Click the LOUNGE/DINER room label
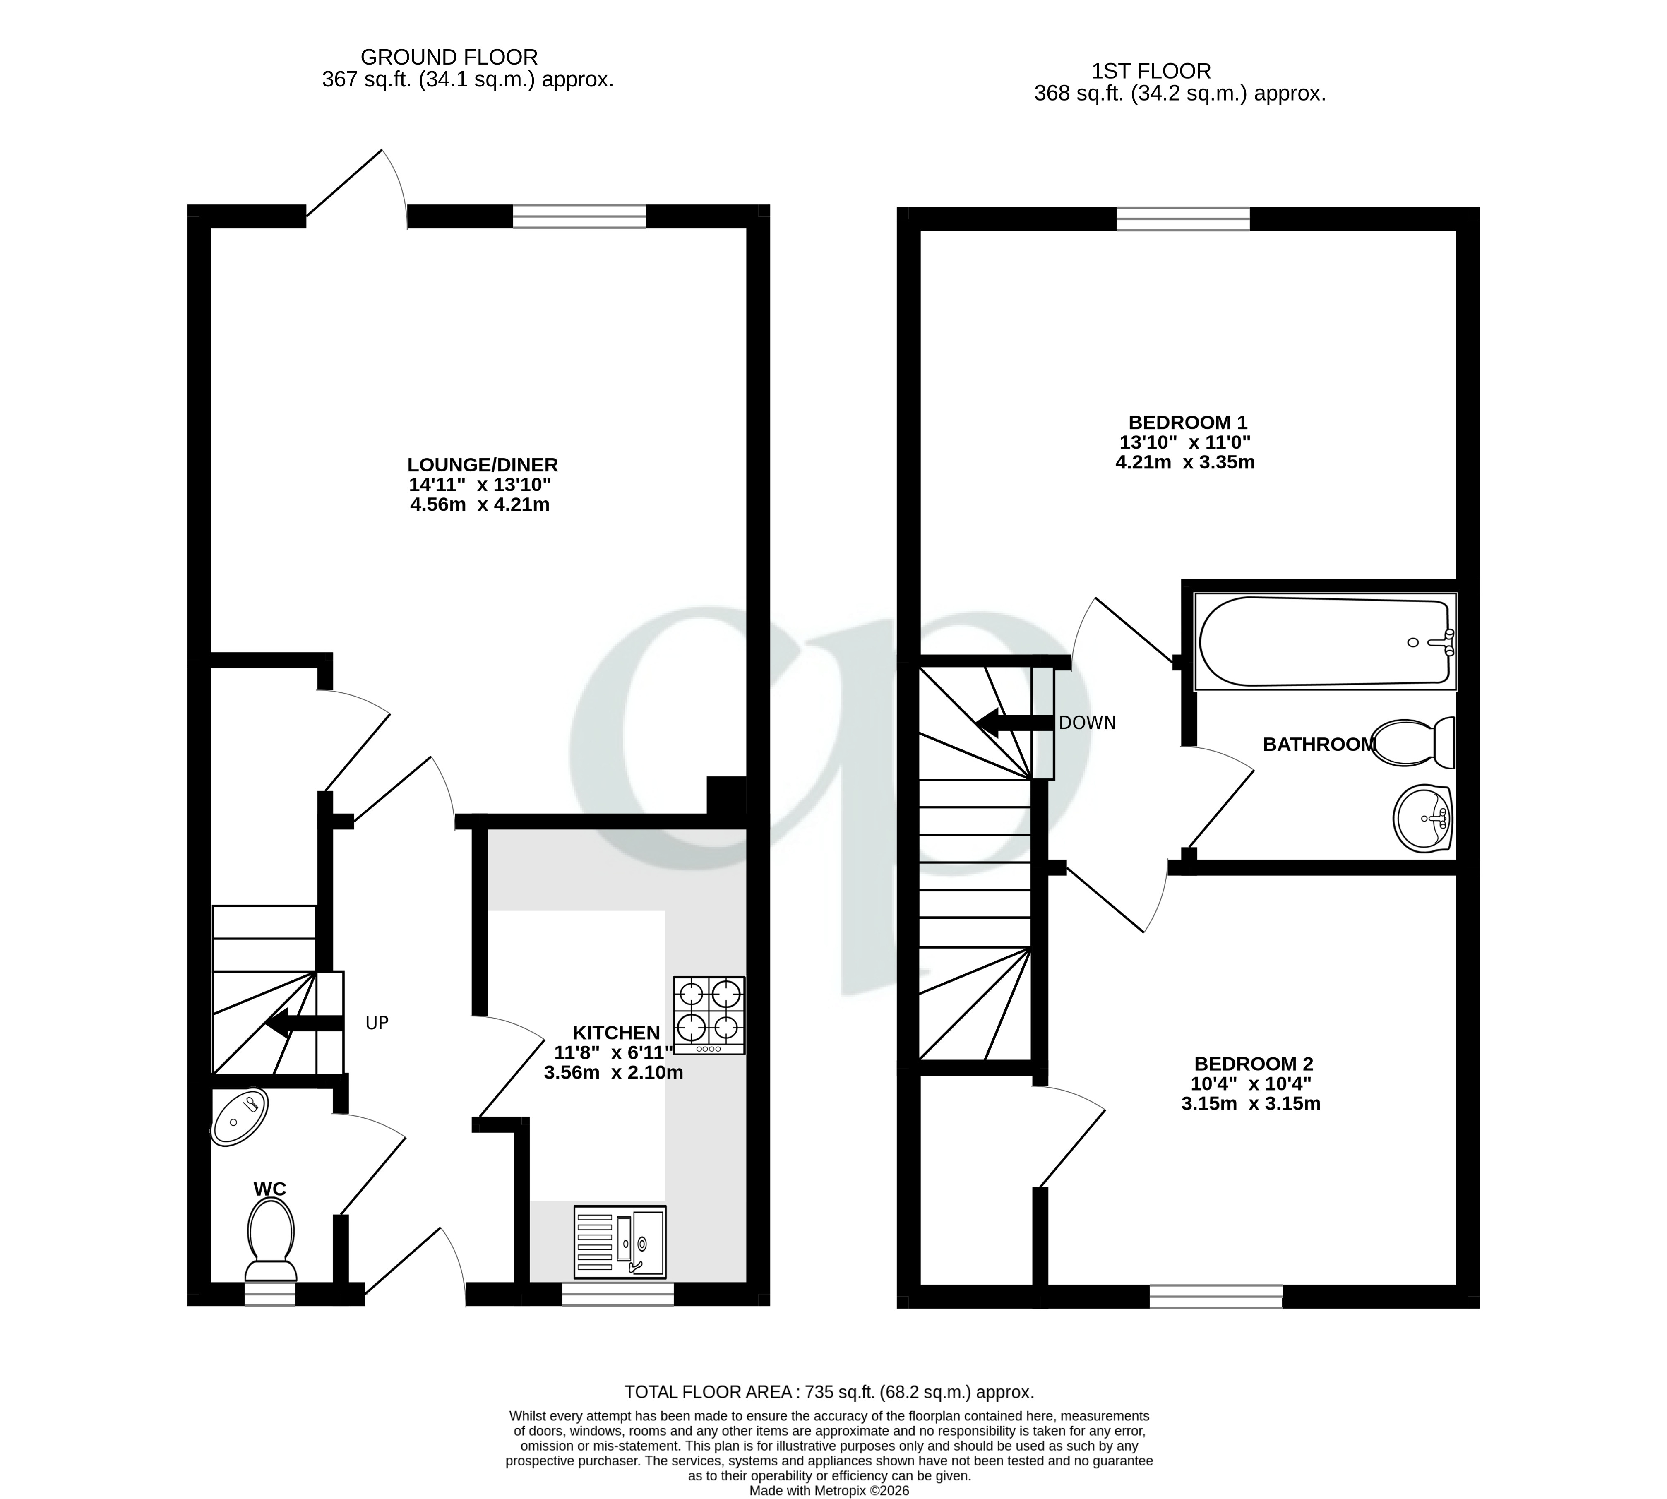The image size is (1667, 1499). [483, 464]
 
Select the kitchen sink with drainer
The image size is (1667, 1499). [620, 1241]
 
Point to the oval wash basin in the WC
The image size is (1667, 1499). [240, 1117]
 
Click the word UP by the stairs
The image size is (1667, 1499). [376, 1023]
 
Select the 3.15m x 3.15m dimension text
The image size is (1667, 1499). [1250, 1104]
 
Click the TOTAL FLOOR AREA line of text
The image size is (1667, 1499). [829, 1392]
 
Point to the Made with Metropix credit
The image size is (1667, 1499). [829, 1490]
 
